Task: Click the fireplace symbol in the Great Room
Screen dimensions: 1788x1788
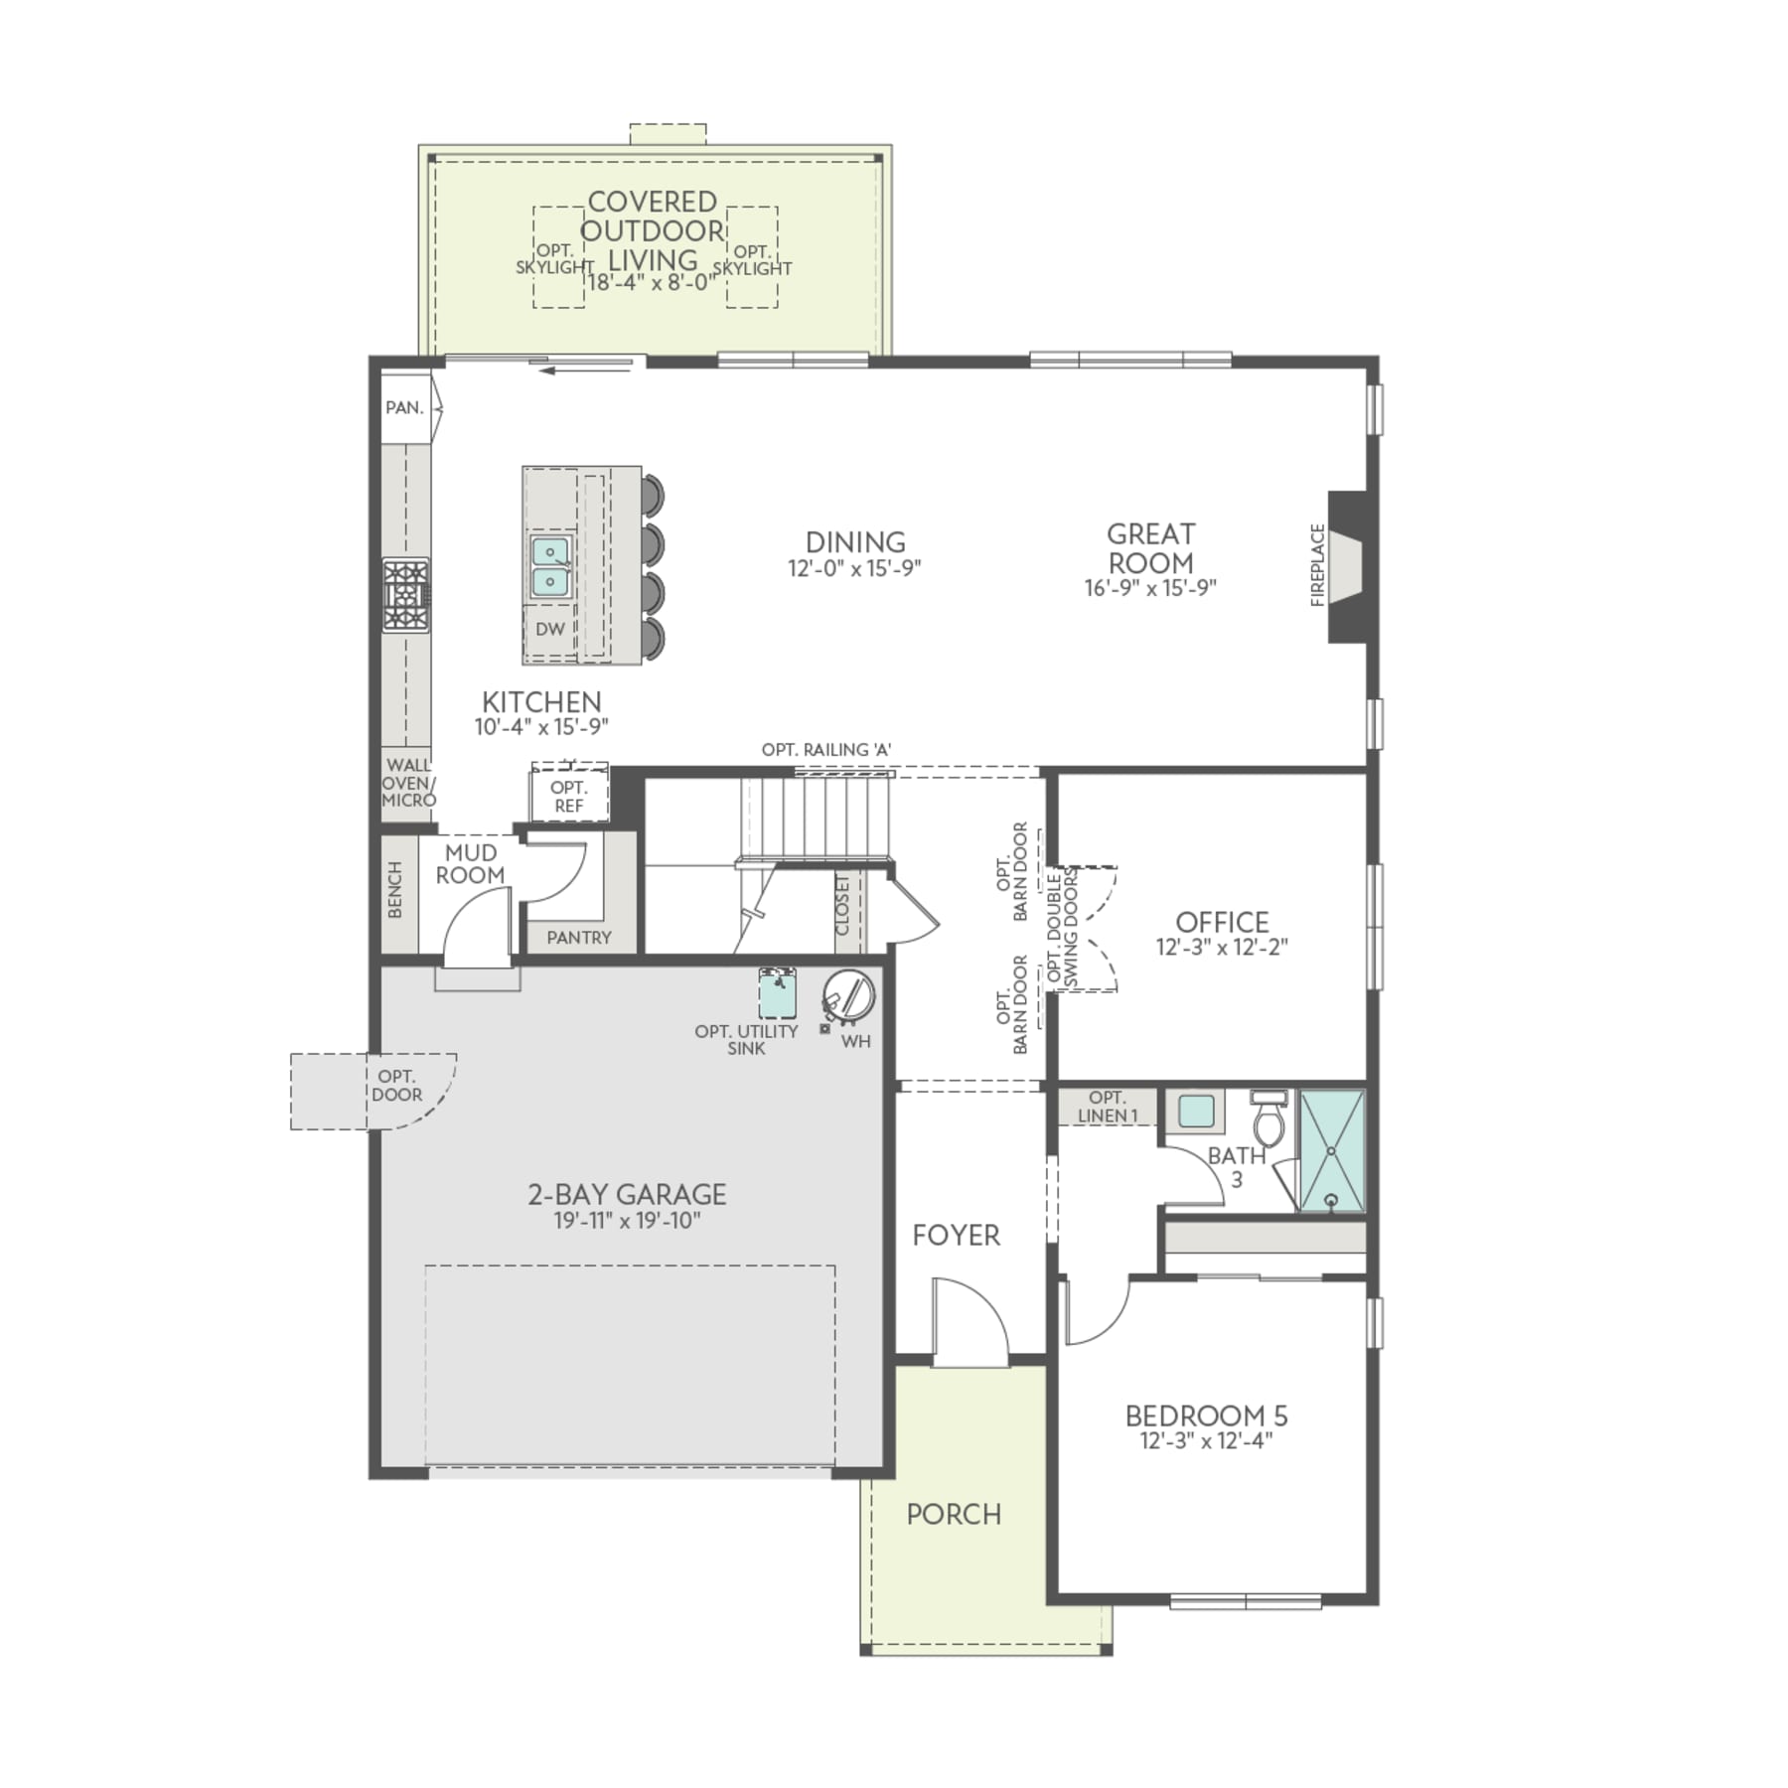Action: pos(1348,566)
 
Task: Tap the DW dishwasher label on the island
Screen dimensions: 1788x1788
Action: pos(549,629)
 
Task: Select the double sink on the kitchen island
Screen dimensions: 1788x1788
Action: pos(549,566)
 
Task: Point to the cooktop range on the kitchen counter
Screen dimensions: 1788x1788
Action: pos(406,595)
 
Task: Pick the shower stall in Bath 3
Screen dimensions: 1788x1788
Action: pos(1332,1151)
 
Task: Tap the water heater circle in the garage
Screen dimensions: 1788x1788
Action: pos(848,995)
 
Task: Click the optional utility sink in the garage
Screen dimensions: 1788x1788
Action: pos(777,993)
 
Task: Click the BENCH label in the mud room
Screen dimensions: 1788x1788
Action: pos(395,890)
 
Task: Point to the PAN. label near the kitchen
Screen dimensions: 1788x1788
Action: pos(404,407)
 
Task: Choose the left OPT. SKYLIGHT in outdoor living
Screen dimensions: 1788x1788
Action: pos(556,258)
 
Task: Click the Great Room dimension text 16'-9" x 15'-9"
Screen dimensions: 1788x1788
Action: pos(1150,588)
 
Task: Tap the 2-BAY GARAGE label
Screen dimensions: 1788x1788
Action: pos(627,1194)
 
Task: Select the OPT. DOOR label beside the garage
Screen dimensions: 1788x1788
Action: pos(396,1086)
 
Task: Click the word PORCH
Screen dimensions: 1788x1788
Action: pos(954,1514)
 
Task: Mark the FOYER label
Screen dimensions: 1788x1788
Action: pos(956,1235)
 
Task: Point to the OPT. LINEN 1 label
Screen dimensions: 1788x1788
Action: pos(1107,1107)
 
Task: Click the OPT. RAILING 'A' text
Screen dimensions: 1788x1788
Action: pos(826,750)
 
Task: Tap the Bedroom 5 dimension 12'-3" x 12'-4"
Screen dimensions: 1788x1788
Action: pos(1206,1441)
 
